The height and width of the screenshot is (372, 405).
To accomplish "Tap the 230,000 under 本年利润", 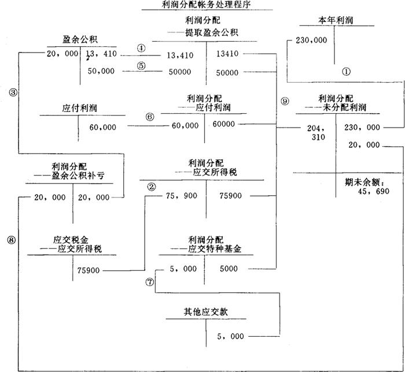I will point(311,41).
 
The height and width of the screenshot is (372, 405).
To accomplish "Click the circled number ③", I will point(12,91).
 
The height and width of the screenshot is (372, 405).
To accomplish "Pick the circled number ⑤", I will point(142,65).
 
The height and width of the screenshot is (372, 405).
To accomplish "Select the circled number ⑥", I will point(150,116).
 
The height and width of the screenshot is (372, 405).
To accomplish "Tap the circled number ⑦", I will point(150,282).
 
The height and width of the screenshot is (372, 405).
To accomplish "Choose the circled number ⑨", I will point(284,101).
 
